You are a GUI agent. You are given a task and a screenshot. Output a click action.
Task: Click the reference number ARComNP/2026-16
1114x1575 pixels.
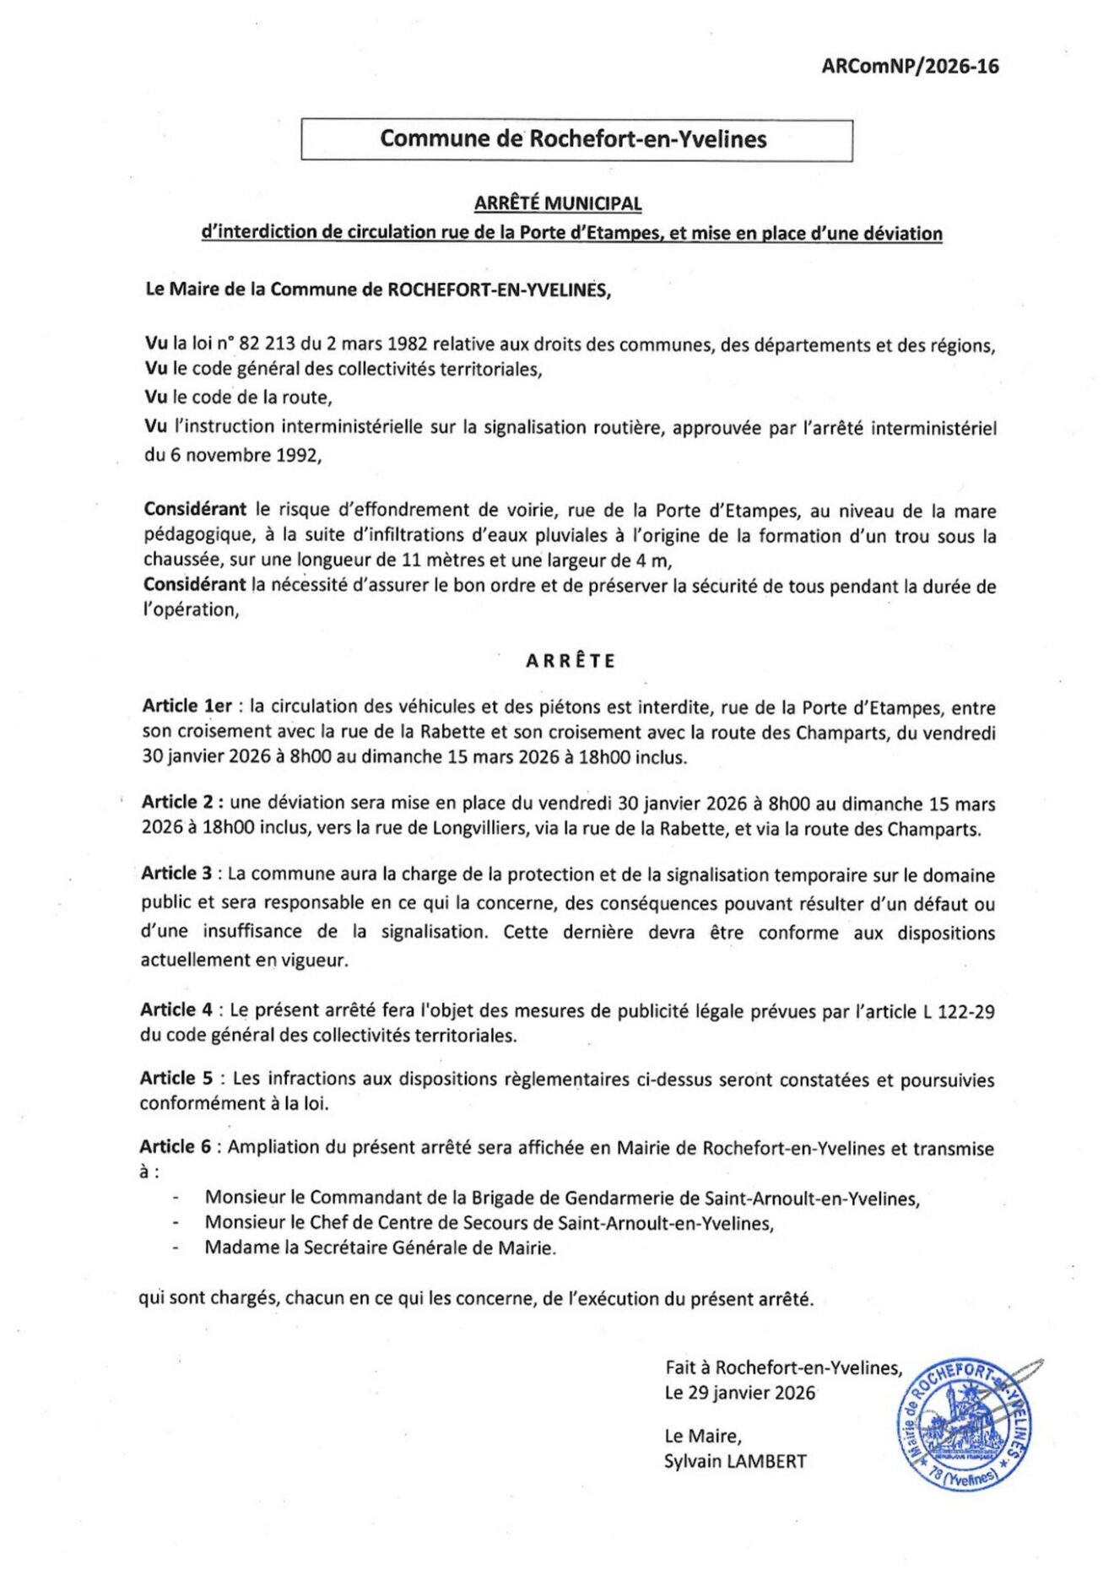pyautogui.click(x=910, y=67)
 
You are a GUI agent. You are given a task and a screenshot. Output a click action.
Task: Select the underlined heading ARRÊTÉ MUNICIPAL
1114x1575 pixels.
pyautogui.click(x=558, y=203)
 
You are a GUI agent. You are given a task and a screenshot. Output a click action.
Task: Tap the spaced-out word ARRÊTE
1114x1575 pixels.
pyautogui.click(x=571, y=661)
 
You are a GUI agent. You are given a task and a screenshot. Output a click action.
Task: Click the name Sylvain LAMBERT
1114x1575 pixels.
pyautogui.click(x=735, y=1461)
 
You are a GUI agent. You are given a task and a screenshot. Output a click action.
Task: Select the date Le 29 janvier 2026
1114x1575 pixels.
pyautogui.click(x=740, y=1393)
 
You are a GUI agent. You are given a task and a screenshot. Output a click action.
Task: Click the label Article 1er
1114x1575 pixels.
pyautogui.click(x=187, y=706)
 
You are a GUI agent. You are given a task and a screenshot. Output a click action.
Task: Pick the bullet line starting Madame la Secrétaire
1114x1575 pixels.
pyautogui.click(x=381, y=1247)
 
